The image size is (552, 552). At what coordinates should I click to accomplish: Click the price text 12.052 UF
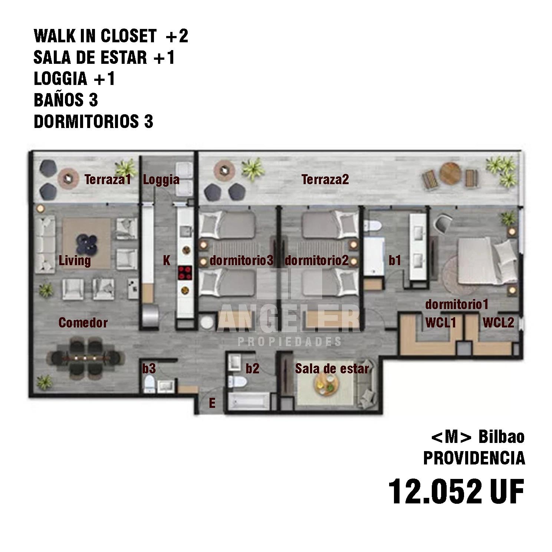pos(456,492)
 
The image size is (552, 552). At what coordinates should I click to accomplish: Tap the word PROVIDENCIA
pos(474,459)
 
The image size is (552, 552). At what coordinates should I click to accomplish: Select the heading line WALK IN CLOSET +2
pos(111,36)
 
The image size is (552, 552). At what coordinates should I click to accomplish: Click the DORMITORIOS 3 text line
pos(93,122)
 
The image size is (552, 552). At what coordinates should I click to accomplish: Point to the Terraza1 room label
pos(108,180)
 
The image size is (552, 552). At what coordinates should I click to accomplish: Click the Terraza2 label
pos(325,180)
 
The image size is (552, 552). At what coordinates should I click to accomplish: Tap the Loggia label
pos(161,180)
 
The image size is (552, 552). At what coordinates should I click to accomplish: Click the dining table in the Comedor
pos(85,358)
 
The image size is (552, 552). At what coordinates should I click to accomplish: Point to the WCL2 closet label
pos(498,323)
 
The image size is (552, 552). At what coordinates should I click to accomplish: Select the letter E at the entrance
pos(212,403)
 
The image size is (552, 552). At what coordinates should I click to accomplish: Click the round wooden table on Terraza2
pos(450,174)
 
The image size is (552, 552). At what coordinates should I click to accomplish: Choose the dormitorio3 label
pos(241,260)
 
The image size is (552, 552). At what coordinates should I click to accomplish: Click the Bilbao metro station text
pos(501,437)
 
